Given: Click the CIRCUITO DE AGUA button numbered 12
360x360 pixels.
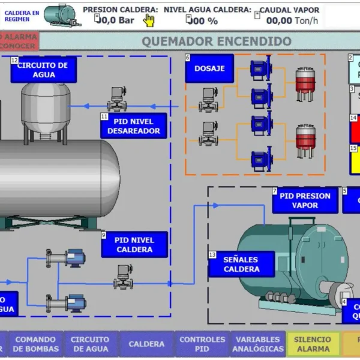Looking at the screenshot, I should [44, 70].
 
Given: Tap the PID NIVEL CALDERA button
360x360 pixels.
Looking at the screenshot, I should [134, 245].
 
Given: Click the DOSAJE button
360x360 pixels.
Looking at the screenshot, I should [209, 68].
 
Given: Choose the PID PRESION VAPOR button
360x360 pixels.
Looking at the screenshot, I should [305, 200].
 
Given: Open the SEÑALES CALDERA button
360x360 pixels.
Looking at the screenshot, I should [241, 265].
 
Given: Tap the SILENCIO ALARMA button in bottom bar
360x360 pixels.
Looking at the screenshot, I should [312, 344].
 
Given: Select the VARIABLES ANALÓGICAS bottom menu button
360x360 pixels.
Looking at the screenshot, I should [257, 344].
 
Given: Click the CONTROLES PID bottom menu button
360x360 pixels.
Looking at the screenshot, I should [202, 344].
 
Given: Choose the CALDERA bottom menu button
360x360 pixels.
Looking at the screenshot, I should [146, 344].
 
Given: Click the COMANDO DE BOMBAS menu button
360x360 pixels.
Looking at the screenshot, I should [35, 344].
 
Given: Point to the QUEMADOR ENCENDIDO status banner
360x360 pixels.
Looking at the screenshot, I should [216, 41].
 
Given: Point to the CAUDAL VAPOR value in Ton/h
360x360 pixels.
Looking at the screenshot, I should [287, 20].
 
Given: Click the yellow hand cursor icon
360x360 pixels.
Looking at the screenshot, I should [149, 20].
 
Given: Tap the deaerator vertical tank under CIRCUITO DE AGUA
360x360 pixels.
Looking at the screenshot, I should [46, 109].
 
